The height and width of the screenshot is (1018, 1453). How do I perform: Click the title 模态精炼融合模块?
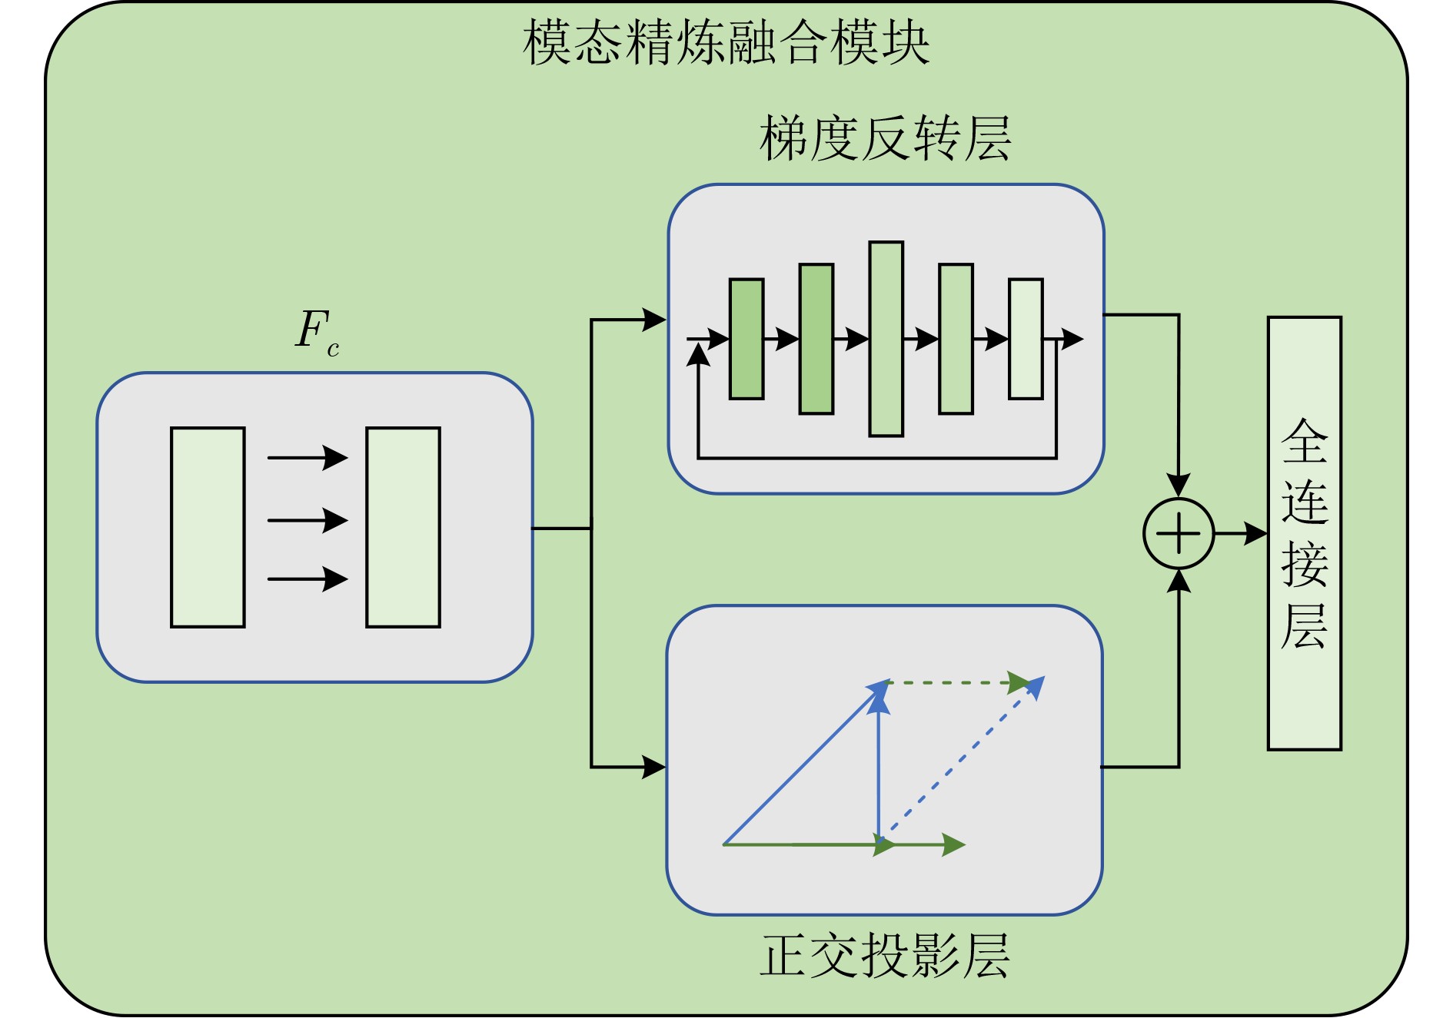tap(726, 42)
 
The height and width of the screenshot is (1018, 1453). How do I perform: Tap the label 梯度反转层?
tap(885, 139)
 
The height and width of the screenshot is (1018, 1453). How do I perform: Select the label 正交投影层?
tap(885, 956)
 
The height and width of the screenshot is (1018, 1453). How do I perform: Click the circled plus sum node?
tap(1178, 533)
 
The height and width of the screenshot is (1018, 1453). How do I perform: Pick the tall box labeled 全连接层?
tap(1304, 533)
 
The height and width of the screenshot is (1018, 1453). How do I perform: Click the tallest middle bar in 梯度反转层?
tap(886, 339)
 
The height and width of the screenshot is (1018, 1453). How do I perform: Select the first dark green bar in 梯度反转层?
tap(746, 339)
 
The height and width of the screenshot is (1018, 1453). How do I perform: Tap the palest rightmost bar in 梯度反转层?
tap(1026, 339)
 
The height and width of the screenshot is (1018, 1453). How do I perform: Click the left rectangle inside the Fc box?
tap(208, 527)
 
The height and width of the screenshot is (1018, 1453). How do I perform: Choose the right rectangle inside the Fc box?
tap(403, 527)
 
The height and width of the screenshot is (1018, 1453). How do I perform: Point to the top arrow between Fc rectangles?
tap(308, 458)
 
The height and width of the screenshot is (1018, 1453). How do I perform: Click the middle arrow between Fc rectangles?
tap(308, 520)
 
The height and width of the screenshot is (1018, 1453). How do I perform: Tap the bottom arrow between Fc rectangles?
tap(308, 579)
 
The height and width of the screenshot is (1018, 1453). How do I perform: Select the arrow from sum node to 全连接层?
tap(1240, 533)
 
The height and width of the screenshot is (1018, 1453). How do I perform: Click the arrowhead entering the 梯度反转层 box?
tap(654, 320)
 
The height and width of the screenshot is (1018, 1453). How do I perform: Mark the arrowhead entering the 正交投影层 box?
tap(654, 766)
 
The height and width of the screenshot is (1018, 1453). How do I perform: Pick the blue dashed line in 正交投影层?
tap(961, 761)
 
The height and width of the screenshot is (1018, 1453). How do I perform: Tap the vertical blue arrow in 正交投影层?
tap(879, 768)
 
